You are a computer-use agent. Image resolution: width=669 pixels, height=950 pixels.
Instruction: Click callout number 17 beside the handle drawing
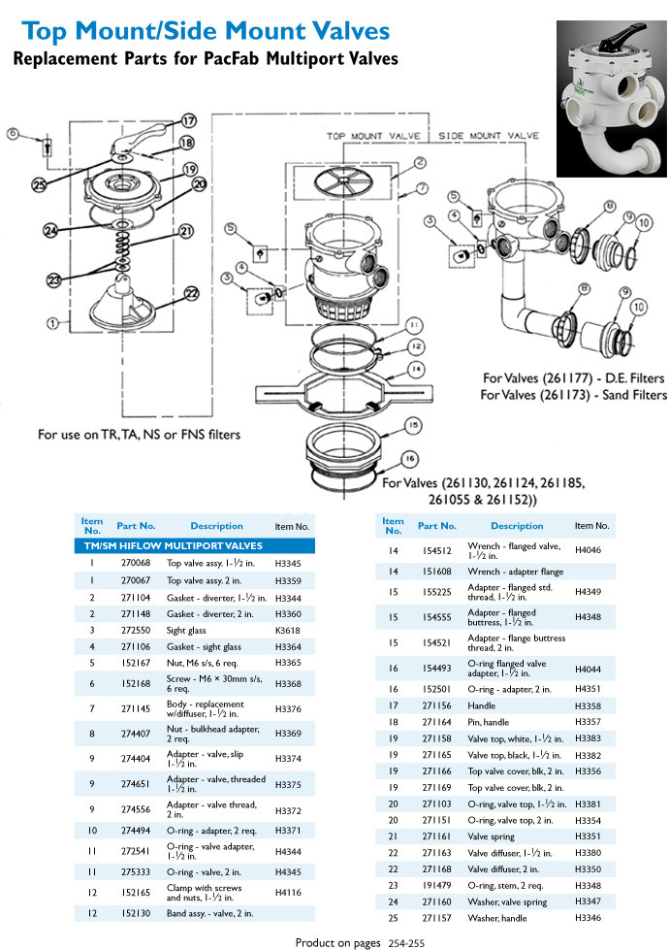click(x=188, y=121)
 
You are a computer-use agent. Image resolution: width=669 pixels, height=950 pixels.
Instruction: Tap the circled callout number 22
click(x=190, y=292)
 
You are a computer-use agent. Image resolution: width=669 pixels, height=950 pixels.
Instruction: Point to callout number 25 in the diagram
click(x=39, y=183)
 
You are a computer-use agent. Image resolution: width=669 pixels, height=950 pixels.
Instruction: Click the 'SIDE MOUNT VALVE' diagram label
click(x=489, y=136)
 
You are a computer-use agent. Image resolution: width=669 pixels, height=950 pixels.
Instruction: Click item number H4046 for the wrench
click(x=589, y=549)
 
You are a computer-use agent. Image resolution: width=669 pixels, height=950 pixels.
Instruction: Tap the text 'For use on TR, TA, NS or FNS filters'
click(x=138, y=434)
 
